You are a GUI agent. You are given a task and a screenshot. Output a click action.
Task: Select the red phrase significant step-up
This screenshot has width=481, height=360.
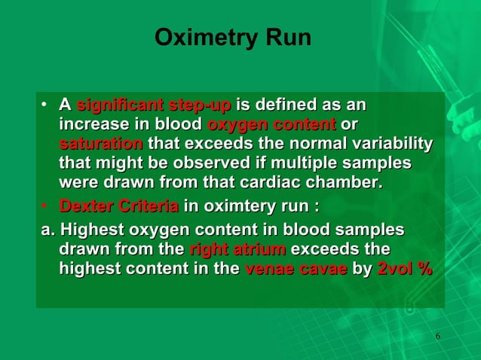pos(155,104)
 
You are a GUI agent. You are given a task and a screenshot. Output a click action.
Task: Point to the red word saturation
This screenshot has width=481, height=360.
pos(101,143)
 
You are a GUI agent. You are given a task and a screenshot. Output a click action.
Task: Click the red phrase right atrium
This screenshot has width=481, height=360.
pos(237,249)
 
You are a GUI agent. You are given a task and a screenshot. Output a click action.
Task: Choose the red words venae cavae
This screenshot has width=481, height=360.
pos(296,268)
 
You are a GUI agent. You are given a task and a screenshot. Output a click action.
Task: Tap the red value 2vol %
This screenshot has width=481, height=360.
pos(404,268)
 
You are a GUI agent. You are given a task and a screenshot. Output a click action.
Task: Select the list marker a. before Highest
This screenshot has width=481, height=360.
pos(48,229)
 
